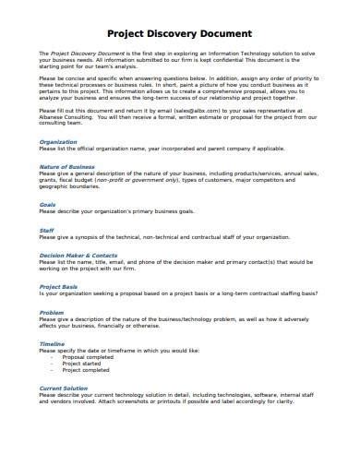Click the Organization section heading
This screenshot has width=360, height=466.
point(58,143)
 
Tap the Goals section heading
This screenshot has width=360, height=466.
point(48,205)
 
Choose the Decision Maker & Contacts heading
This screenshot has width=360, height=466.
point(78,253)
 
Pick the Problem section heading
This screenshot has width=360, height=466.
point(52,313)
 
